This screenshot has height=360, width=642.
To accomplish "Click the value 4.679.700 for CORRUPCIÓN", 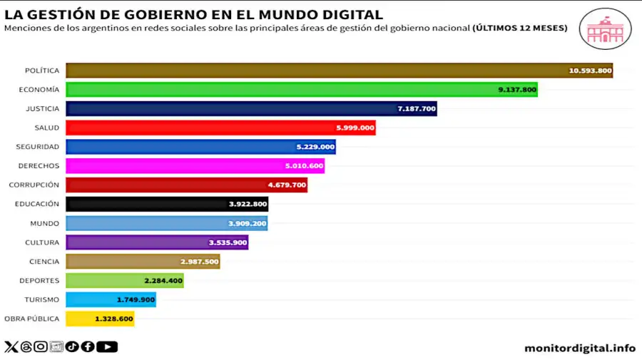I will click(287, 185).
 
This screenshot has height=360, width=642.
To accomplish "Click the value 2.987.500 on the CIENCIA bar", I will click(199, 262).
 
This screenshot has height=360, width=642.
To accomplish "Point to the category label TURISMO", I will click(42, 299).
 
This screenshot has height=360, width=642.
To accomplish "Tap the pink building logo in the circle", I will click(605, 29).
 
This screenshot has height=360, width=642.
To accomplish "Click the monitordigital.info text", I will click(579, 348).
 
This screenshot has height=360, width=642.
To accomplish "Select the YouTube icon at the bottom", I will click(107, 347).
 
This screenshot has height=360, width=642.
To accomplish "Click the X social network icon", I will click(11, 347).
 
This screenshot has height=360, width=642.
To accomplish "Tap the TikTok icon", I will click(72, 347).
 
